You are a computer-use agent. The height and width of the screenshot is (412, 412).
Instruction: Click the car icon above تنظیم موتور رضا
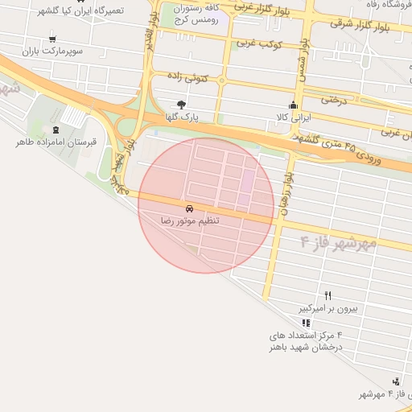pos(190,208)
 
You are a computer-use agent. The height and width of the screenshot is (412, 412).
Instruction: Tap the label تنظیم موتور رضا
pos(190,219)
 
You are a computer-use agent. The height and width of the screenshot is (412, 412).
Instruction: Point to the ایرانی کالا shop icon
pos(293,105)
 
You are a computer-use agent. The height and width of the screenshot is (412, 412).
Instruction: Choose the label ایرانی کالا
pos(293,117)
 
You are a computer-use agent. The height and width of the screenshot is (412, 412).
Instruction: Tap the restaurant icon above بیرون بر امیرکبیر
pos(328,295)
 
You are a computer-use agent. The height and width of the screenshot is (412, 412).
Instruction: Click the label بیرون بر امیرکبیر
pos(328,307)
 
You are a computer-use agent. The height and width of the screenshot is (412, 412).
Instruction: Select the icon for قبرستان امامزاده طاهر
pos(56,130)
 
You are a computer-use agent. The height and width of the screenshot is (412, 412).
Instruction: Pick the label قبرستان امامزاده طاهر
pos(56,142)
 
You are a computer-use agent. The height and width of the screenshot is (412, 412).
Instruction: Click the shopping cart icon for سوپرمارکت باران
pos(52,39)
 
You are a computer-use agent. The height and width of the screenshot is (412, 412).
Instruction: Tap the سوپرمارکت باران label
pos(53,51)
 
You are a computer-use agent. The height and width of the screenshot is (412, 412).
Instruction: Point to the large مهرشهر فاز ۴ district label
pos(338,241)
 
